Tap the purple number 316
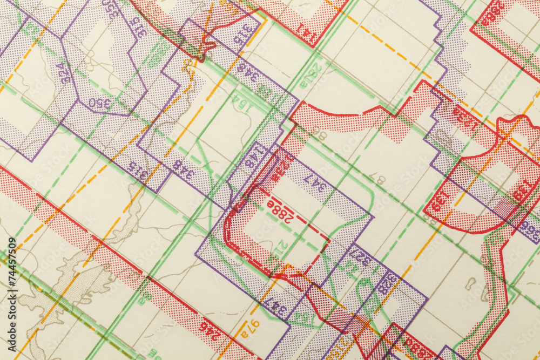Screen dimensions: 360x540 click(247, 33)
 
